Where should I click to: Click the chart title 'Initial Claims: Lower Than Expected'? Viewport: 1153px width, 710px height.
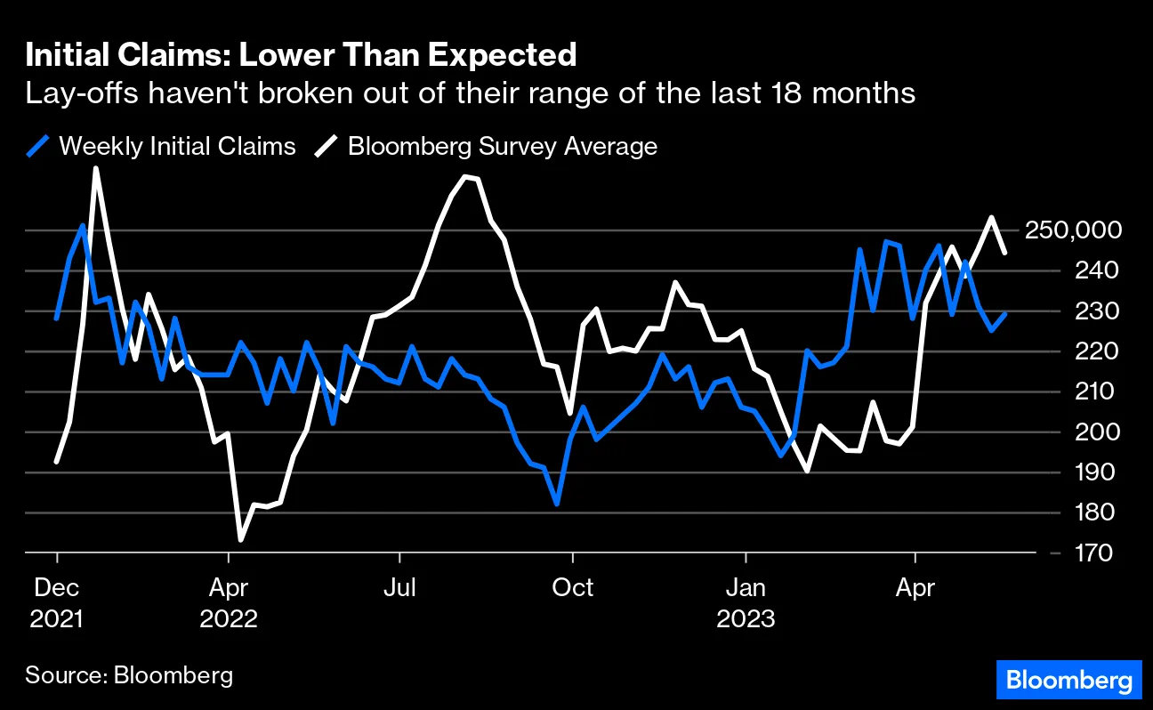click(302, 56)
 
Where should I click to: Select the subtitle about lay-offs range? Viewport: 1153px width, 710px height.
click(471, 93)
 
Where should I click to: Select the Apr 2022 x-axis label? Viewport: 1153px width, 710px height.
click(229, 603)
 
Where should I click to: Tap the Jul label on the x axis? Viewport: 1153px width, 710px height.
click(400, 588)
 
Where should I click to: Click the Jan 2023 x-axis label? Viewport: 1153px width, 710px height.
click(746, 603)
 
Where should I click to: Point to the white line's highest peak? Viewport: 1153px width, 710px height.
click(95, 168)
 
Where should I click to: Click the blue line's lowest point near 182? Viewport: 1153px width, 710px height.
click(557, 504)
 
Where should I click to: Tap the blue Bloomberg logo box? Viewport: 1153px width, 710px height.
click(1068, 681)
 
